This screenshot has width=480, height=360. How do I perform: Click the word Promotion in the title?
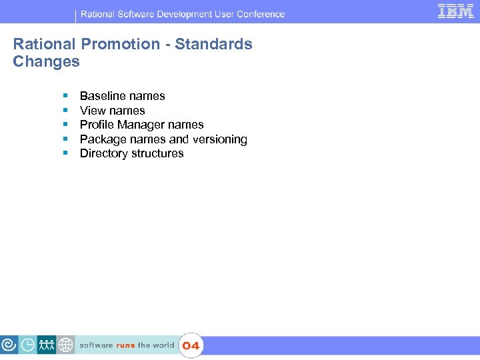click(x=121, y=45)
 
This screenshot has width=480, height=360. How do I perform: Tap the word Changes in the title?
click(x=46, y=62)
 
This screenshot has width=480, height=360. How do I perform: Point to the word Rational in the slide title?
click(x=44, y=45)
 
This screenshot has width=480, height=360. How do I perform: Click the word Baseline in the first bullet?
click(x=101, y=96)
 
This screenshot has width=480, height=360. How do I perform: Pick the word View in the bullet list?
click(x=92, y=111)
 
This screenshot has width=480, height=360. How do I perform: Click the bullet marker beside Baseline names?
click(x=65, y=96)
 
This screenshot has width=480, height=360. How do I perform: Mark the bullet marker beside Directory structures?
click(x=65, y=153)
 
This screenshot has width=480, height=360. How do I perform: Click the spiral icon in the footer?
click(x=9, y=345)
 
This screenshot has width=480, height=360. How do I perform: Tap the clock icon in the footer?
click(x=28, y=345)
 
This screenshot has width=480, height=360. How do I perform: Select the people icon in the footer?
click(x=47, y=345)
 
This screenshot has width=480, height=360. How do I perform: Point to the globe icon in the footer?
click(x=65, y=345)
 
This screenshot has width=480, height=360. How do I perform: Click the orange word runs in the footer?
click(x=125, y=345)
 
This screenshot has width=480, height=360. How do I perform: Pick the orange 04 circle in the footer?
click(x=191, y=345)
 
